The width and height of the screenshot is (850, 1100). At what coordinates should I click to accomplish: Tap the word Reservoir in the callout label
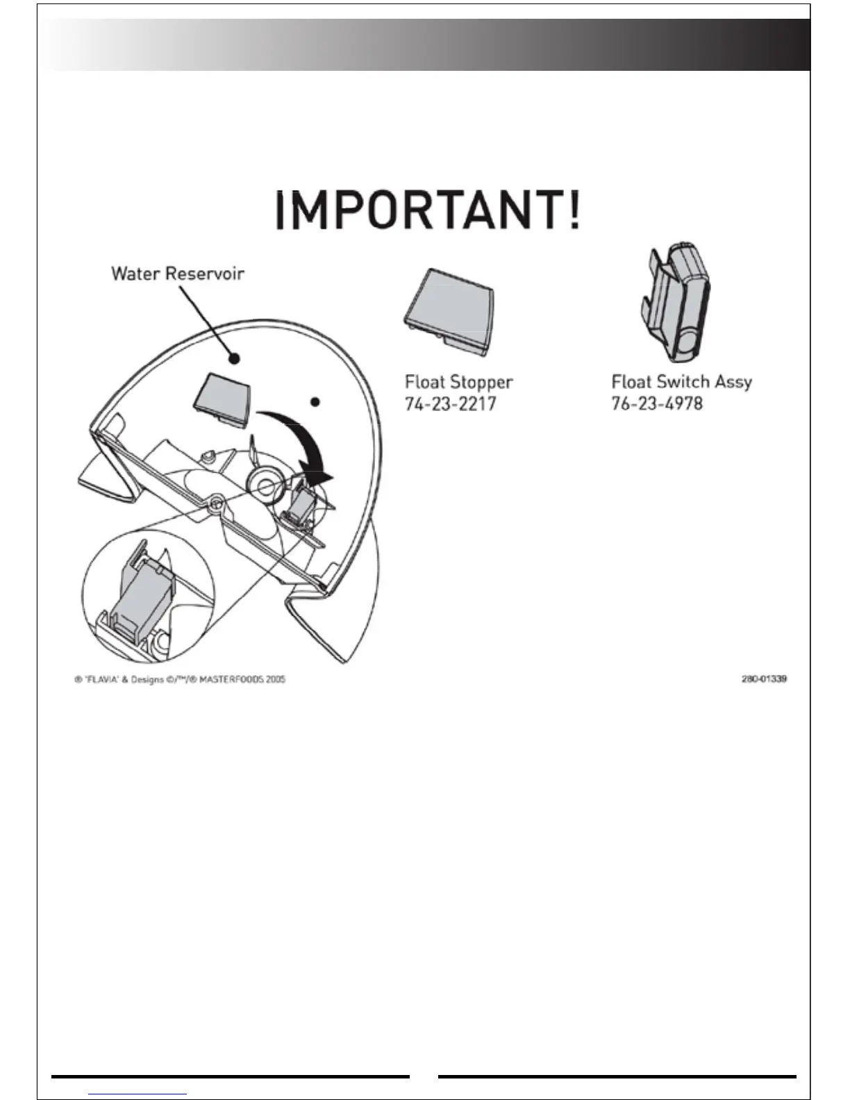[205, 273]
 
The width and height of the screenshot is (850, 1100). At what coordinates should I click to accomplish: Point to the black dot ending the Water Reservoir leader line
[235, 358]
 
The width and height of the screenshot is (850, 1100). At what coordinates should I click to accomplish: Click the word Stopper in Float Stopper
[481, 382]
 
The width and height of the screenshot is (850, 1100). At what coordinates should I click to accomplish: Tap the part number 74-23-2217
[450, 403]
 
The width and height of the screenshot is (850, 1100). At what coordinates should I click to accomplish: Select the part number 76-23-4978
[657, 403]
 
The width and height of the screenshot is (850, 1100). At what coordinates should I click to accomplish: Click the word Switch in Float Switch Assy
[683, 381]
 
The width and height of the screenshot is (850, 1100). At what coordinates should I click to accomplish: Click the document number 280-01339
[764, 678]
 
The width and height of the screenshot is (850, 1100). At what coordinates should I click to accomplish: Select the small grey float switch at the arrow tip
[301, 503]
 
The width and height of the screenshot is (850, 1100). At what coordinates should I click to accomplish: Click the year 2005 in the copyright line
[275, 679]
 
